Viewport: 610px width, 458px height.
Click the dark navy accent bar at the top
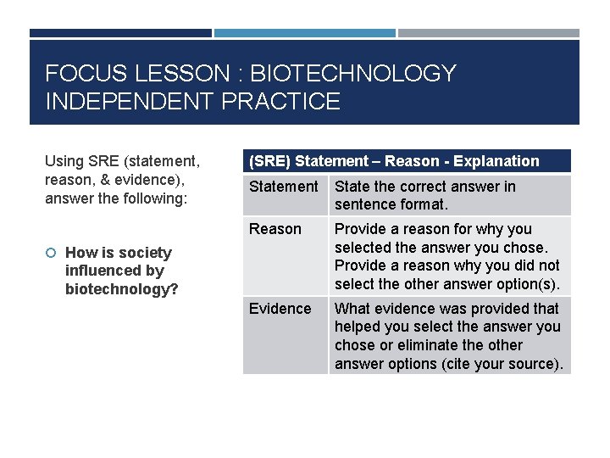[120, 33]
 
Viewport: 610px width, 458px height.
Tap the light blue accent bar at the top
[304, 33]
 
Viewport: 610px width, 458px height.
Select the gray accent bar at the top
[489, 33]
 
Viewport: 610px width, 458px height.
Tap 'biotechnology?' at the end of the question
[122, 289]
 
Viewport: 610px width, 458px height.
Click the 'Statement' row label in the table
[283, 187]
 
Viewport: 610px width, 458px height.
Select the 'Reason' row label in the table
[274, 229]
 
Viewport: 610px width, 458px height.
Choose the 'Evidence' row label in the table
[280, 309]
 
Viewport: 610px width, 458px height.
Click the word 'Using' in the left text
[64, 161]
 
